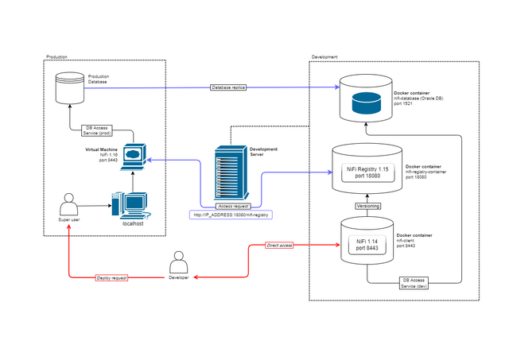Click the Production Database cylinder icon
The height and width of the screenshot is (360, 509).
pos(70,88)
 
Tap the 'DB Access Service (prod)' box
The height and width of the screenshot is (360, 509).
pos(102,130)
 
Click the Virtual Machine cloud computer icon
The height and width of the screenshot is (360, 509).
pos(133,155)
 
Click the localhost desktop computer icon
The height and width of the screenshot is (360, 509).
pos(128,205)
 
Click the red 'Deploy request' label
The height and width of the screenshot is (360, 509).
pos(112,277)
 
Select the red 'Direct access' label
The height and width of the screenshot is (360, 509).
pos(280,246)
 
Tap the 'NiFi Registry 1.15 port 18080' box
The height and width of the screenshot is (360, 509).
pos(367,172)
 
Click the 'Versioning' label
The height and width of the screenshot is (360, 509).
pos(367,206)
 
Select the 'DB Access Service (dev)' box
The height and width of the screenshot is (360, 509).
pos(416,283)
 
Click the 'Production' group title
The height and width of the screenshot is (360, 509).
pos(56,57)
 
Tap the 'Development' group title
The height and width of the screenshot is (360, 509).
pos(324,57)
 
